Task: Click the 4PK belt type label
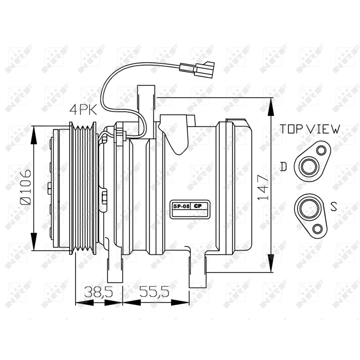click(84, 109)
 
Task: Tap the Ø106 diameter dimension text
click(25, 187)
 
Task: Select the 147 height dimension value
click(262, 187)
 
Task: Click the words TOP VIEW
click(310, 129)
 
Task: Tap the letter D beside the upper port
click(283, 167)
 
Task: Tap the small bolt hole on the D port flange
click(321, 151)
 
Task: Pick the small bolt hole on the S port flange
click(318, 229)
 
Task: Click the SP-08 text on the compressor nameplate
click(179, 206)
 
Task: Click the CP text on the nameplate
click(198, 206)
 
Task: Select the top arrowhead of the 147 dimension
click(271, 105)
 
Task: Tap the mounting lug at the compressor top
click(146, 100)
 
